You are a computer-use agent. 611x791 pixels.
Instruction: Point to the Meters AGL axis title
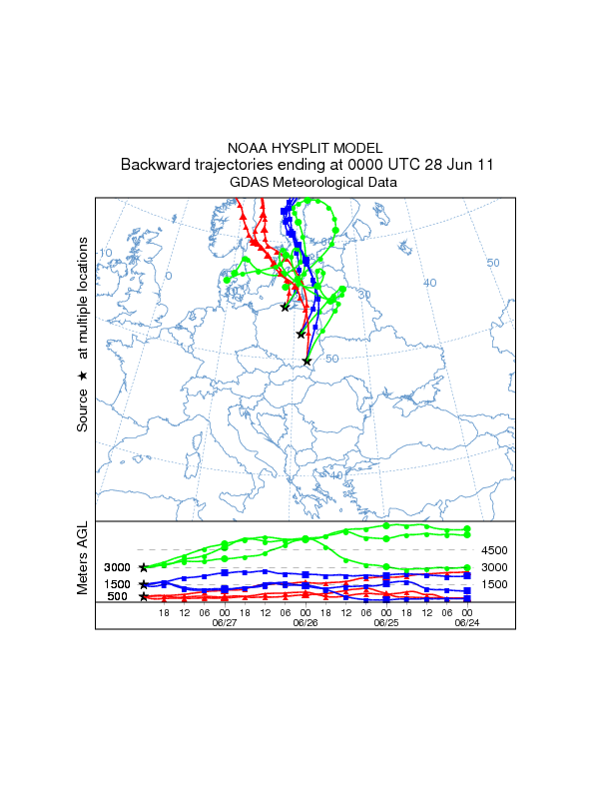(x=83, y=558)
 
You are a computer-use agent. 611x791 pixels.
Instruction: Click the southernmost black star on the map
(x=306, y=361)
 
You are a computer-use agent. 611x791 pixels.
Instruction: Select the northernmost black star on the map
(x=286, y=307)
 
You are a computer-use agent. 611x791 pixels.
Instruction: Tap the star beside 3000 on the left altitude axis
(x=144, y=567)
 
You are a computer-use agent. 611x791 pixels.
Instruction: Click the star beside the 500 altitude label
(x=144, y=596)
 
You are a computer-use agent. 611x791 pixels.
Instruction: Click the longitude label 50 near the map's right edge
(x=492, y=262)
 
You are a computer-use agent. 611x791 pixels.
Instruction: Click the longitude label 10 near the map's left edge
(x=105, y=253)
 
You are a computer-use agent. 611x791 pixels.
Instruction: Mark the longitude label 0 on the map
(x=169, y=275)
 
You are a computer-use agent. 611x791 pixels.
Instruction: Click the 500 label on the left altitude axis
(x=118, y=596)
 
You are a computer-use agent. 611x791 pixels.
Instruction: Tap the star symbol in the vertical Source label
(x=83, y=375)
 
